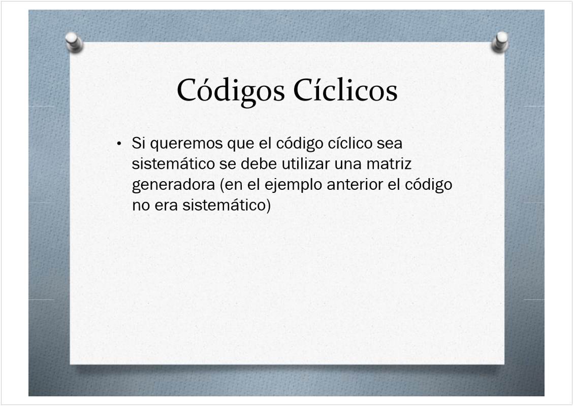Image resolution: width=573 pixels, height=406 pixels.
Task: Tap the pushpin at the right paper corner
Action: [500, 42]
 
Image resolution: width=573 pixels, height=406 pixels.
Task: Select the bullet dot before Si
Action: [119, 144]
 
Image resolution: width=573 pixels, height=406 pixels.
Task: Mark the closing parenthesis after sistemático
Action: [268, 206]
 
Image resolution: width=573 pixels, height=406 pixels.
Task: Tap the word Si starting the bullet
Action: [139, 143]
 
